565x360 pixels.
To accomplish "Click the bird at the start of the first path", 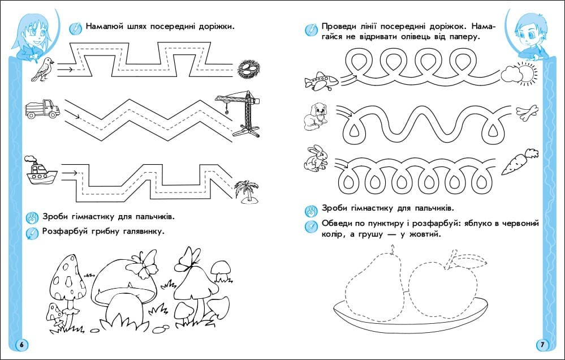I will [42, 68].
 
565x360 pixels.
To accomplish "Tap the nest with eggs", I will [247, 69].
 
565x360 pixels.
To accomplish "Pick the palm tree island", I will [247, 190].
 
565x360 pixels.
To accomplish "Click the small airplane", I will [320, 81].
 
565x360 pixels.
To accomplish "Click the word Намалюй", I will [106, 27].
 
